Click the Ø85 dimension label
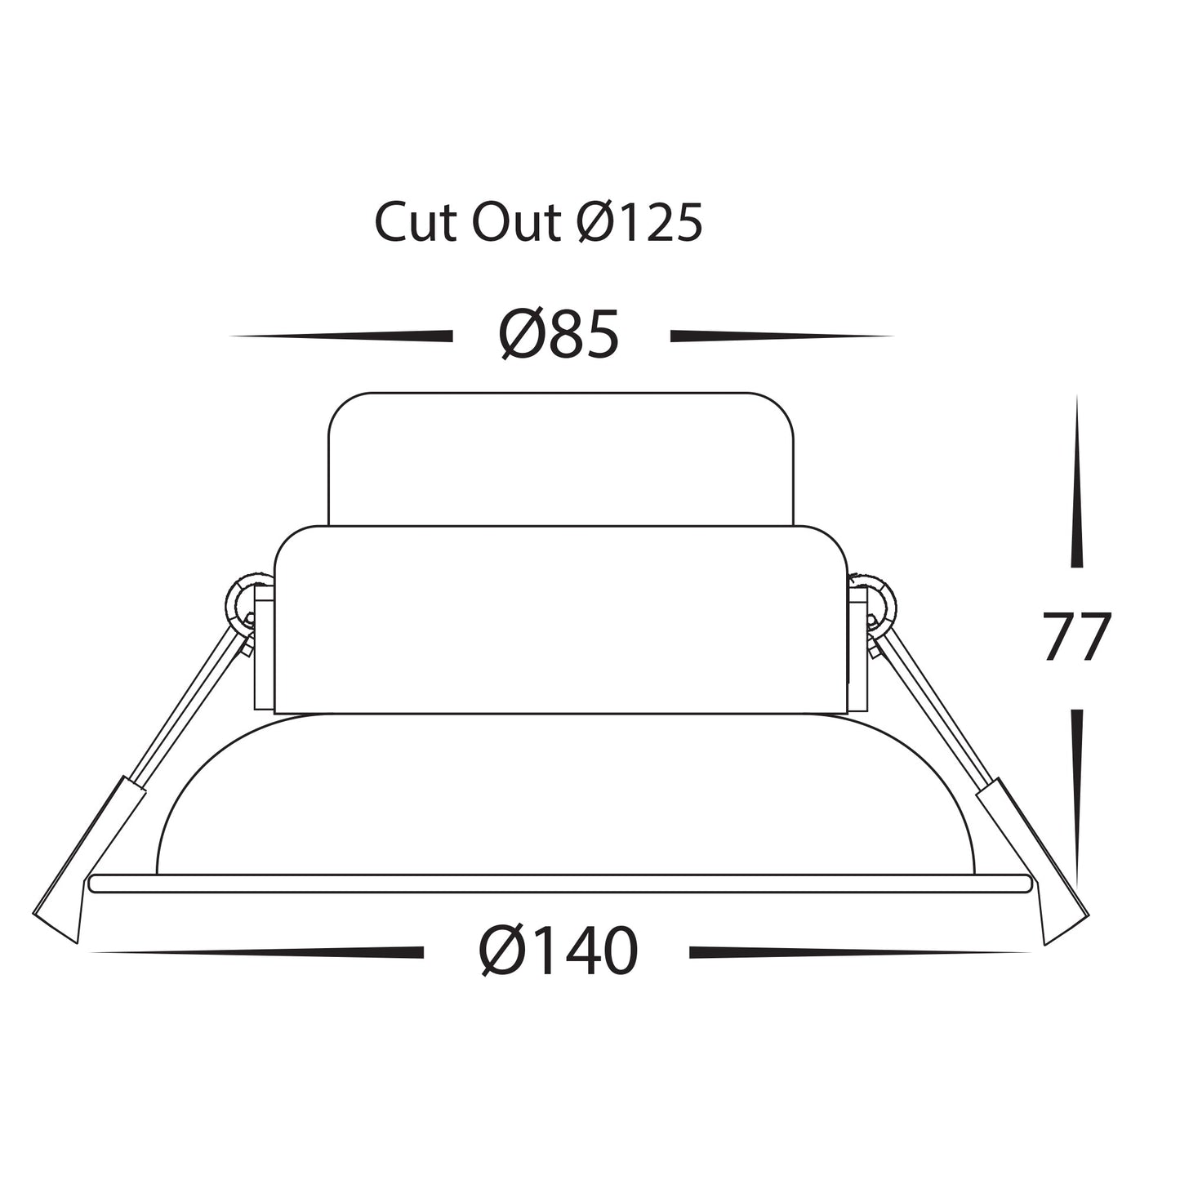(x=559, y=336)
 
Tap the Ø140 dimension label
(x=558, y=951)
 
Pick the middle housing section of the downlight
(x=560, y=621)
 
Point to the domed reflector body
(x=563, y=796)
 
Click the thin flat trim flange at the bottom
(x=560, y=883)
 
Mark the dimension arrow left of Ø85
(x=343, y=336)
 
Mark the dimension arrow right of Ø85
(x=780, y=336)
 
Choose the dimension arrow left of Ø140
(x=261, y=952)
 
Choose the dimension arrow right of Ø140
(x=857, y=952)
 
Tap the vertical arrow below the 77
(x=1077, y=796)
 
